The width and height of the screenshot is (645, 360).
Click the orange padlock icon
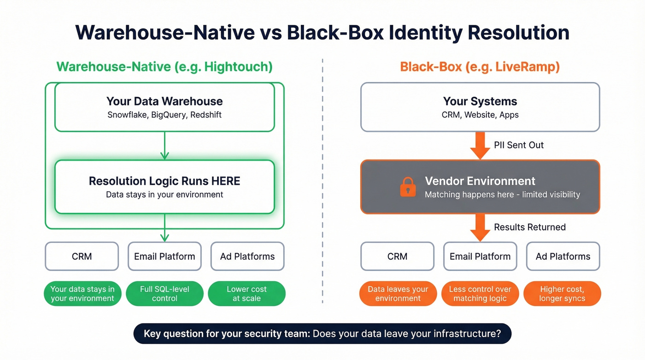tap(408, 187)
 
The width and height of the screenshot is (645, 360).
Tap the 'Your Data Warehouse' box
tap(164, 107)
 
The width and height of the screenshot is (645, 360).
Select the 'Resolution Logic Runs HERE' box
tap(164, 187)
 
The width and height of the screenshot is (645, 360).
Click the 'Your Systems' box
tap(480, 107)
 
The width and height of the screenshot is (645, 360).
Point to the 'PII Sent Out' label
tap(518, 145)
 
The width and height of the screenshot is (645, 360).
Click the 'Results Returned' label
tap(529, 227)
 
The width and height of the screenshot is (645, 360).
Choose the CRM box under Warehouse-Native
tap(82, 256)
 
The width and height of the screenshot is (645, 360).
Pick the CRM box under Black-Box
tap(397, 256)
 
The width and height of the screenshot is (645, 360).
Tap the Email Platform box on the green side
tap(164, 256)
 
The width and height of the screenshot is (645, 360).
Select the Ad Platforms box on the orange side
tap(563, 256)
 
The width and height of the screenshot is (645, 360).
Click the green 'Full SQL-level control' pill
tap(164, 294)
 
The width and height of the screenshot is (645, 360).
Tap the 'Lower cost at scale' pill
tap(246, 294)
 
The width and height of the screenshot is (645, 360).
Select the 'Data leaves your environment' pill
tap(398, 294)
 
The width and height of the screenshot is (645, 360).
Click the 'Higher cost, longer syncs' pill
tap(562, 294)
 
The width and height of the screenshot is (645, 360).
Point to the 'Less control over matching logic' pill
tap(480, 294)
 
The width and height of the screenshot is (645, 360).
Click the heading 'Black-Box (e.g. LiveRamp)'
tap(480, 67)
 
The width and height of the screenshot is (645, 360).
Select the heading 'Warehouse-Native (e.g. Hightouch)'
tap(164, 67)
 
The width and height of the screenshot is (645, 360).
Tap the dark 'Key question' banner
tap(322, 333)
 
